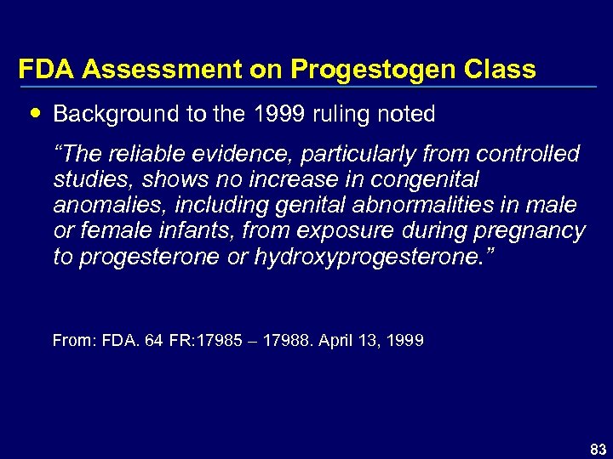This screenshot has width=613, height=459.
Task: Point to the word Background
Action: click(105, 113)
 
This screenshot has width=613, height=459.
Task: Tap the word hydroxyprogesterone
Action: click(371, 257)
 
